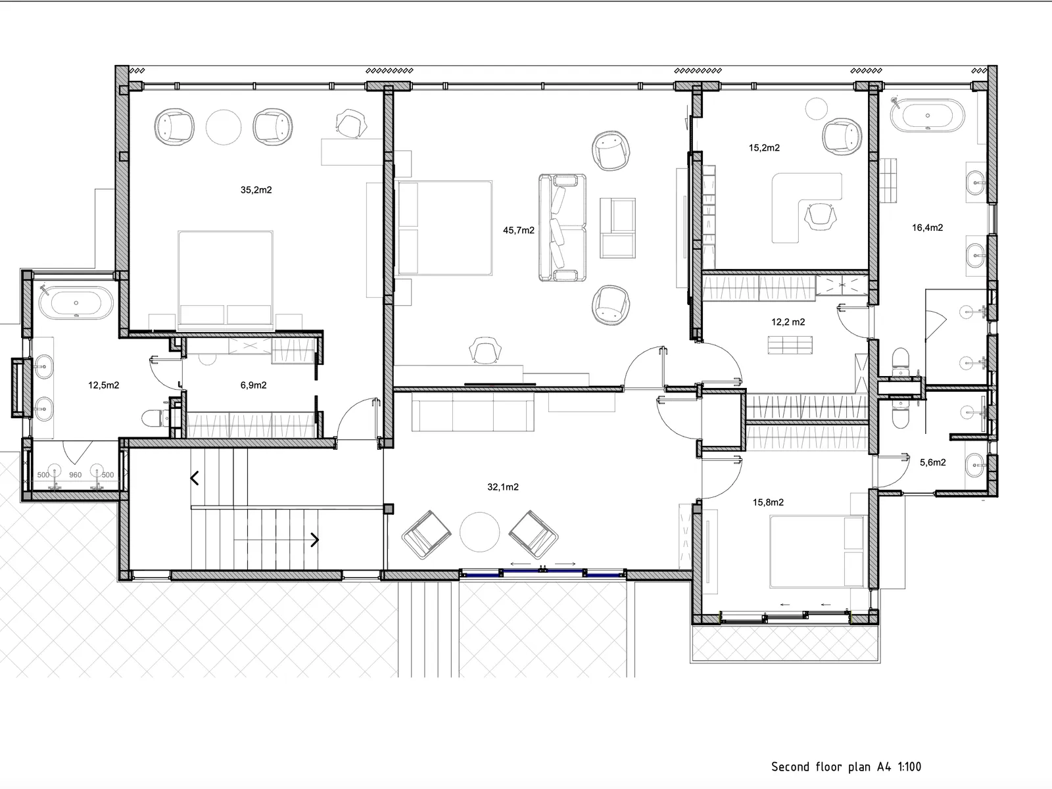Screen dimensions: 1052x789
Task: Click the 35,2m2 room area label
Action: [x=256, y=190]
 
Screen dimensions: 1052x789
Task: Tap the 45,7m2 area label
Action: [x=519, y=230]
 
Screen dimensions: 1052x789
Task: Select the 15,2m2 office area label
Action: [x=764, y=148]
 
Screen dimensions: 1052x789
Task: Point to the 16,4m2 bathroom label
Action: [x=927, y=228]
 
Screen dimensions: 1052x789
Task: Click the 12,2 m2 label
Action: [x=788, y=322]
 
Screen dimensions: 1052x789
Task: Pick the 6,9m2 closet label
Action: [x=254, y=385]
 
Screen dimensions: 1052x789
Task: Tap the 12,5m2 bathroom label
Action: [x=103, y=385]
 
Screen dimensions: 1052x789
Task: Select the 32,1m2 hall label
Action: [x=503, y=487]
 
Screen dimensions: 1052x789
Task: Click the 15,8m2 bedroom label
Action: [x=768, y=502]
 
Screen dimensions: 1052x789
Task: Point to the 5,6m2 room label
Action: [x=932, y=463]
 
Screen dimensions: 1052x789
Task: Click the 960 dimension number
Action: [x=75, y=475]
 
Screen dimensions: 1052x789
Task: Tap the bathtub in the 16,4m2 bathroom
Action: [x=927, y=116]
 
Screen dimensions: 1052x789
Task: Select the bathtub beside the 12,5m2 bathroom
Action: [x=76, y=303]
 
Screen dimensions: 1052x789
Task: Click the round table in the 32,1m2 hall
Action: [x=479, y=532]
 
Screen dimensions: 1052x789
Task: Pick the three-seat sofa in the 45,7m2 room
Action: [x=562, y=227]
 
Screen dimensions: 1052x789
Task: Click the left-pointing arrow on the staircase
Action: [x=195, y=478]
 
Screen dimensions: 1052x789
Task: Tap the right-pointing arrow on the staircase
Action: [x=314, y=540]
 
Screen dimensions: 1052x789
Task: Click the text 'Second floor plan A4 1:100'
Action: [x=846, y=767]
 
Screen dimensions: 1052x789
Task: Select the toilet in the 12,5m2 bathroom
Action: [x=155, y=418]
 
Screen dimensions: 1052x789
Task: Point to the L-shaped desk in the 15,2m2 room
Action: [x=807, y=207]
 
